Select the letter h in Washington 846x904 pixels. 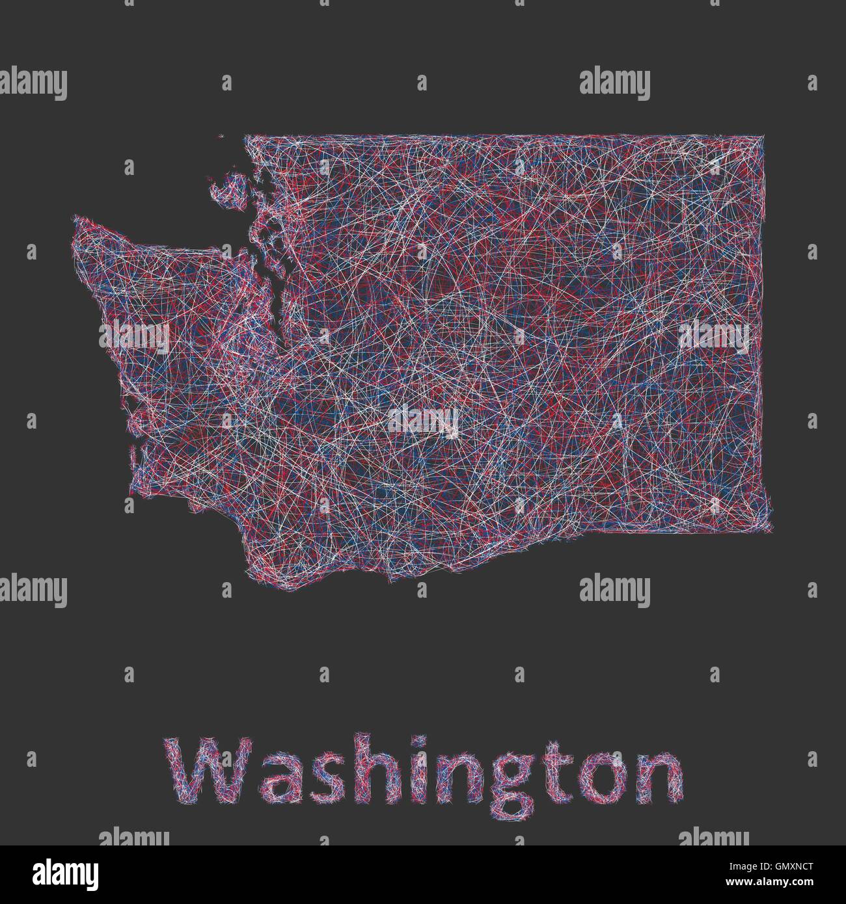tap(361, 770)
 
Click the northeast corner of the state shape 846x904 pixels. tap(763, 137)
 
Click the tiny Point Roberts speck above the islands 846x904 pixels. tap(221, 136)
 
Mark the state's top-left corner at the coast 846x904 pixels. tap(246, 137)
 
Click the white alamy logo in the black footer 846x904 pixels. tap(49, 873)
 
